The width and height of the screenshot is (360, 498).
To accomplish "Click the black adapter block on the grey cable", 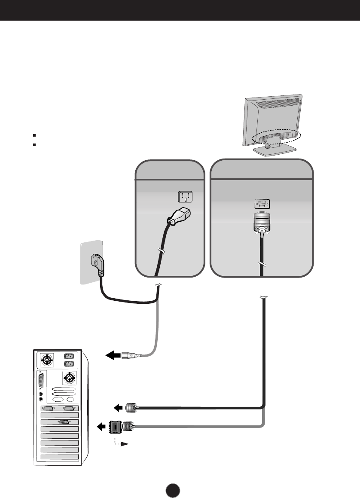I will [116, 427].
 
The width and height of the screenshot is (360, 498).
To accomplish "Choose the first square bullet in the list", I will [33, 134].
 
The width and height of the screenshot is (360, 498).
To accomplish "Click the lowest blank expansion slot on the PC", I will [59, 456].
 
